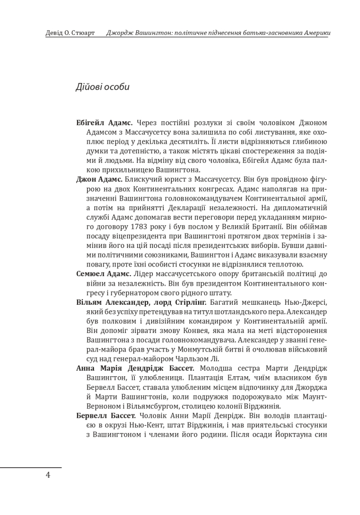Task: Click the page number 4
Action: (48, 475)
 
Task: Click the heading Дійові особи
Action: (103, 87)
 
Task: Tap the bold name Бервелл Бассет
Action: (106, 416)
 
